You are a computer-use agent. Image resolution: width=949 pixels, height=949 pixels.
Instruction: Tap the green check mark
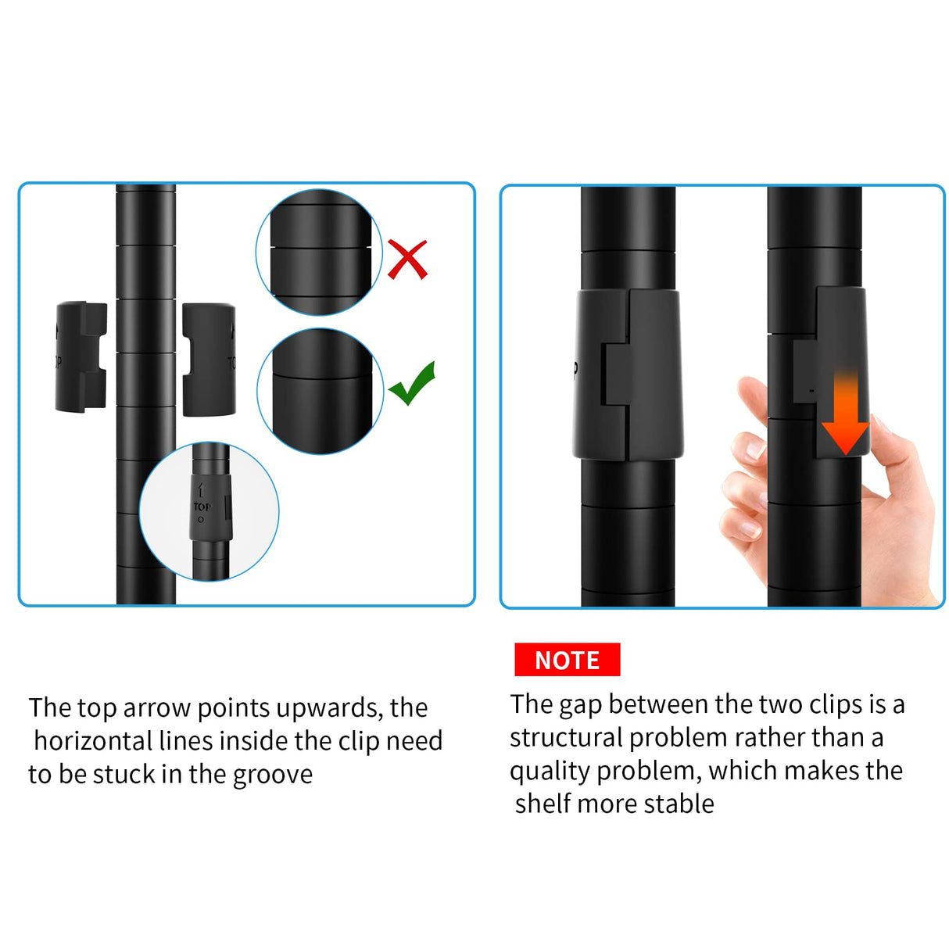[412, 385]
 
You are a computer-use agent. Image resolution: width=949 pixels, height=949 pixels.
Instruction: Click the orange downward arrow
[845, 414]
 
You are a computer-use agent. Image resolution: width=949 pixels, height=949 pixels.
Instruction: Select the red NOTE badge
[567, 660]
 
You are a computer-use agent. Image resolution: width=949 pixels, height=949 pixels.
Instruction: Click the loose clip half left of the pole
[81, 356]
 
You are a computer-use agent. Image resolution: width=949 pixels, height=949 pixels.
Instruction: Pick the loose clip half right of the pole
[209, 360]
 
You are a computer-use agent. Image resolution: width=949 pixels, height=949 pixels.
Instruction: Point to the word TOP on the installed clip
[202, 507]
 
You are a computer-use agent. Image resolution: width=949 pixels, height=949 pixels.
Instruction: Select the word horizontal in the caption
[93, 741]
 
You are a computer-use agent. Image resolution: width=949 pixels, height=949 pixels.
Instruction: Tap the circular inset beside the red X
[319, 252]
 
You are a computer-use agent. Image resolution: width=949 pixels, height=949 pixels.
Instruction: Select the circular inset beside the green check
[320, 392]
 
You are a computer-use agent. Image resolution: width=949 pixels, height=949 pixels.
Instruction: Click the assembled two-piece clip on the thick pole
[628, 374]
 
